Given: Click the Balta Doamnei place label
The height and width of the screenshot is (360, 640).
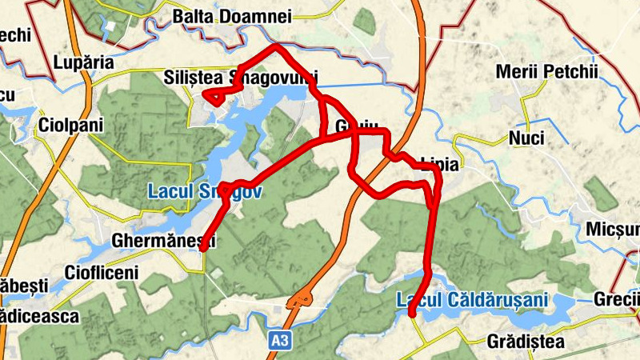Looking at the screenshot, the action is click(x=232, y=16).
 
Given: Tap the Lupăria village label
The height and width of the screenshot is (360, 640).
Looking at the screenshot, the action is click(x=84, y=62).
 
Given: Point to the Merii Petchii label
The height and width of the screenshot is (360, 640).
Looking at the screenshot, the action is click(x=546, y=72).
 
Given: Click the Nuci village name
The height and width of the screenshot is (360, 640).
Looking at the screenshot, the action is click(x=526, y=138).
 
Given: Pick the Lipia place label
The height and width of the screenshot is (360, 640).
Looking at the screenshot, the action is click(x=439, y=165).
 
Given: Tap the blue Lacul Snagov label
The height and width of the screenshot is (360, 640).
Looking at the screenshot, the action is click(x=206, y=192).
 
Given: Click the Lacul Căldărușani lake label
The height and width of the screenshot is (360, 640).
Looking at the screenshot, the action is click(x=473, y=300).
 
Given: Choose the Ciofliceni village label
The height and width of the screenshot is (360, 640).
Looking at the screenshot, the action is click(x=102, y=272).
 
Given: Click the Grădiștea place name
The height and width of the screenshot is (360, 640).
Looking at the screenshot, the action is click(x=525, y=342).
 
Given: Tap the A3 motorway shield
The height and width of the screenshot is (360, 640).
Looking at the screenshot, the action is click(x=278, y=341).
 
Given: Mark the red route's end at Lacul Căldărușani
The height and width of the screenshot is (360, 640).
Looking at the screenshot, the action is click(x=411, y=315).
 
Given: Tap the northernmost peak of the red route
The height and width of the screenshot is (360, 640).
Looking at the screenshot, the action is click(x=277, y=46).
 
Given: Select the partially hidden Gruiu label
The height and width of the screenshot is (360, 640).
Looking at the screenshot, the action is click(x=355, y=127).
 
